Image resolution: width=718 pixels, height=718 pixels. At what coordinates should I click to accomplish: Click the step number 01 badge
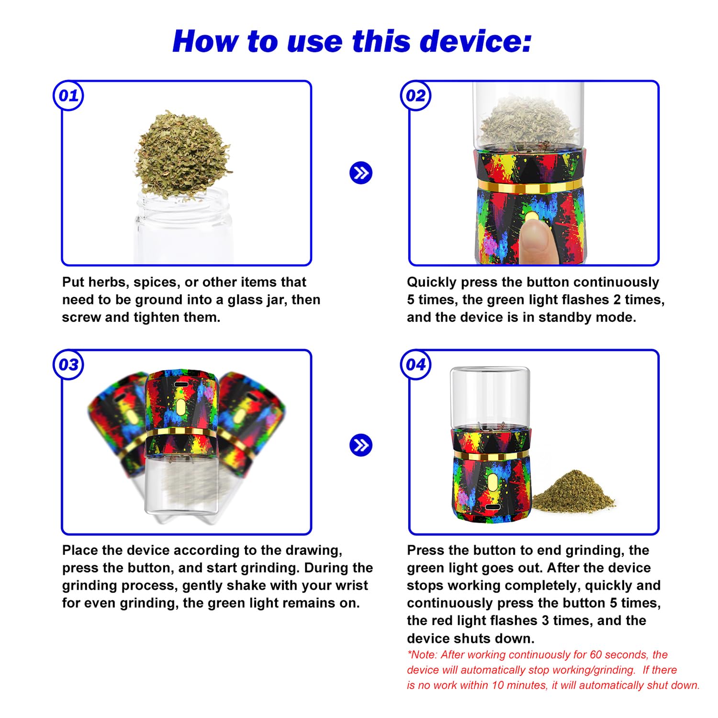pos(68,96)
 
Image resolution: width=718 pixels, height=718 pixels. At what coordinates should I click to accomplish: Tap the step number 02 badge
pos(415,96)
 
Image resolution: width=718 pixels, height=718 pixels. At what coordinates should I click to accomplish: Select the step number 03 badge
pos(68,365)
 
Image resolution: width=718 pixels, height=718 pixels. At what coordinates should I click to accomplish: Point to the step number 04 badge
pos(415,365)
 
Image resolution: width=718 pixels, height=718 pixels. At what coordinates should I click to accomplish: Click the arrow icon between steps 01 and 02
pos(361,173)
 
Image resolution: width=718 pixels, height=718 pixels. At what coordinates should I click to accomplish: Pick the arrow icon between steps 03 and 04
pos(361,445)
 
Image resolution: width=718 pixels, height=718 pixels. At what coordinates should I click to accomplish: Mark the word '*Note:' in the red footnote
pos(422,654)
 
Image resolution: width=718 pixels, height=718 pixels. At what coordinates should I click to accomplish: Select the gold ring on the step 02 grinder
pos(530,186)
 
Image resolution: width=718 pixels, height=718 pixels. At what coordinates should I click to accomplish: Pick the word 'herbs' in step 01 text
pos(109,282)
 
